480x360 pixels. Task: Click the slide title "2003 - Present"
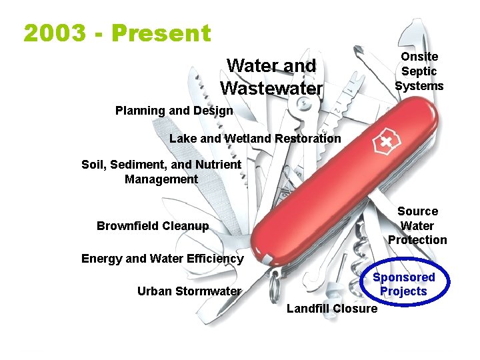pyautogui.click(x=117, y=33)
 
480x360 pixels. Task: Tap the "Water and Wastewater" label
pyautogui.click(x=271, y=77)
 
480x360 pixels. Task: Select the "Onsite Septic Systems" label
pyautogui.click(x=419, y=71)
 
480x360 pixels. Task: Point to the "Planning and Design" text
pyautogui.click(x=174, y=111)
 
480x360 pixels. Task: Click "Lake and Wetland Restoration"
pyautogui.click(x=255, y=139)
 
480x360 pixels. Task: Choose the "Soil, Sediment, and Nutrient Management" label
pyautogui.click(x=161, y=171)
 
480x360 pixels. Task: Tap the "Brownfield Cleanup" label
pyautogui.click(x=152, y=225)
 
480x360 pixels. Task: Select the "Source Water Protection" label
pyautogui.click(x=417, y=225)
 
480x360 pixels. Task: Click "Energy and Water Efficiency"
pyautogui.click(x=162, y=258)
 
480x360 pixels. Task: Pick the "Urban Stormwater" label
pyautogui.click(x=189, y=291)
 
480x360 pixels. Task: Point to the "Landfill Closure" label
pyautogui.click(x=331, y=308)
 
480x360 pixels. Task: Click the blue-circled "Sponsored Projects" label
pyautogui.click(x=403, y=284)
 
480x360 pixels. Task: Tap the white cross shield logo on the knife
pyautogui.click(x=386, y=143)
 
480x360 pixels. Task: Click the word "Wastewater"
pyautogui.click(x=271, y=88)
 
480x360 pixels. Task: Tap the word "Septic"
pyautogui.click(x=419, y=71)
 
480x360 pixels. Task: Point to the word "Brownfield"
pyautogui.click(x=127, y=225)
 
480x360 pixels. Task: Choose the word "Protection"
pyautogui.click(x=417, y=240)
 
